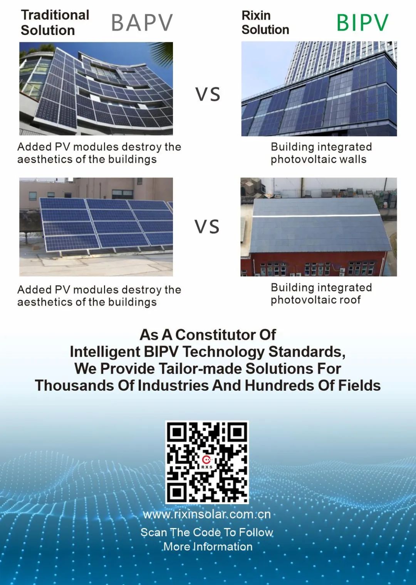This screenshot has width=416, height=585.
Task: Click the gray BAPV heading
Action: pyautogui.click(x=142, y=22)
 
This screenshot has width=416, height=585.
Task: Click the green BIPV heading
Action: pyautogui.click(x=362, y=22)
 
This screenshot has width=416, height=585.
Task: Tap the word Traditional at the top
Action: pyautogui.click(x=55, y=15)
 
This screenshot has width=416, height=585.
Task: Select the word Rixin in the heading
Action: pyautogui.click(x=256, y=15)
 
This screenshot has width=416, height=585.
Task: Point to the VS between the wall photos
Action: pyautogui.click(x=208, y=94)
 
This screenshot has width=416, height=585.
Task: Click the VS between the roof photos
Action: pyautogui.click(x=207, y=226)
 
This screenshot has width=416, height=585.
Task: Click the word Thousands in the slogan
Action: pyautogui.click(x=74, y=385)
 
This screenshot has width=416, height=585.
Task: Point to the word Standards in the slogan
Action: pyautogui.click(x=307, y=352)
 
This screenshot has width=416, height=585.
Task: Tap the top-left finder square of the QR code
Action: pyautogui.click(x=177, y=433)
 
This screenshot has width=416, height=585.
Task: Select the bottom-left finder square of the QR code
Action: pyautogui.click(x=177, y=493)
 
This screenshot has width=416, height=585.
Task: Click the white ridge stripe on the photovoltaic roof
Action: pyautogui.click(x=316, y=215)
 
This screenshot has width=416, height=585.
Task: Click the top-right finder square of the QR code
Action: pyautogui.click(x=237, y=433)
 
